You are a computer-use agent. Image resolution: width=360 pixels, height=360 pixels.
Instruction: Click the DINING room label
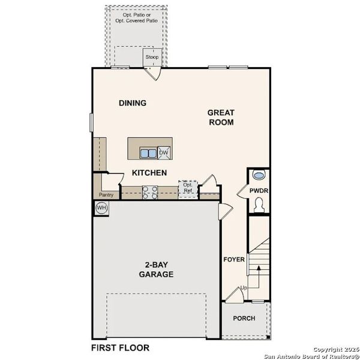pyautogui.click(x=132, y=103)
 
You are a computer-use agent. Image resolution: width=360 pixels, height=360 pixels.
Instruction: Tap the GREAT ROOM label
pyautogui.click(x=221, y=117)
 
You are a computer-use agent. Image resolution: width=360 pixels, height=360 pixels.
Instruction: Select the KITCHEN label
pyautogui.click(x=149, y=173)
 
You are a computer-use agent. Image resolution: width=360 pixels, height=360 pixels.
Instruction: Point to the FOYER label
pyautogui.click(x=234, y=260)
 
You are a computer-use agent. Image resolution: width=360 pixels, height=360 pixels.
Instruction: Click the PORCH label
pyautogui.click(x=244, y=319)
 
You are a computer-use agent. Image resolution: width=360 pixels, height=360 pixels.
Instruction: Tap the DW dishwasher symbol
pyautogui.click(x=164, y=153)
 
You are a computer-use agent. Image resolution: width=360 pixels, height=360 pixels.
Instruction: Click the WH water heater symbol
pyautogui.click(x=101, y=208)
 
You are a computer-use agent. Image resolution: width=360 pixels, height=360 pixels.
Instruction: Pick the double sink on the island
pyautogui.click(x=148, y=153)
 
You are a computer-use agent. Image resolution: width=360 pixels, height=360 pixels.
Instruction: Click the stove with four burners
pyautogui.click(x=150, y=192)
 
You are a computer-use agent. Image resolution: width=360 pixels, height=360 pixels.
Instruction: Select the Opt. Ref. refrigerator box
pyautogui.click(x=187, y=188)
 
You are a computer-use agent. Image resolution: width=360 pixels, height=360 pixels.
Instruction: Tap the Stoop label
pyautogui.click(x=152, y=58)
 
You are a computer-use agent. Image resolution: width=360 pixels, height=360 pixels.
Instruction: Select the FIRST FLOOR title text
pyautogui.click(x=120, y=347)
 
